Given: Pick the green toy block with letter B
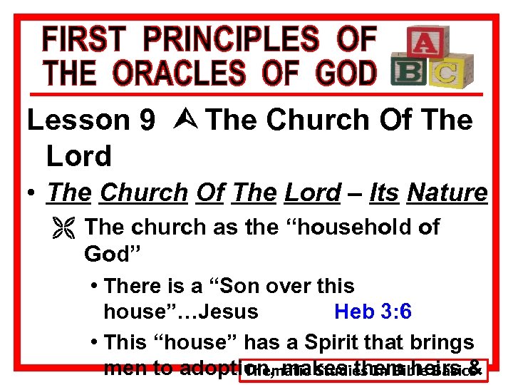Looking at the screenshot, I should point(409,72).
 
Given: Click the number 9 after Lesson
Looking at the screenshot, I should point(147,120).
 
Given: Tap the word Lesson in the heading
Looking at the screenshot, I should point(78,120).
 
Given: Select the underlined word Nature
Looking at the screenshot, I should point(447,192).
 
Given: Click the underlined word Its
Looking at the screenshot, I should point(383,192).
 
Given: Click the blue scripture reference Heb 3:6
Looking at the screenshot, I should point(373,312).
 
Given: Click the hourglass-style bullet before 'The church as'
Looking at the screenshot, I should point(68,228).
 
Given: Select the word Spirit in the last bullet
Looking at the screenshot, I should point(321,342).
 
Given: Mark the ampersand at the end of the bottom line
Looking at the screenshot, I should point(473,369).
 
